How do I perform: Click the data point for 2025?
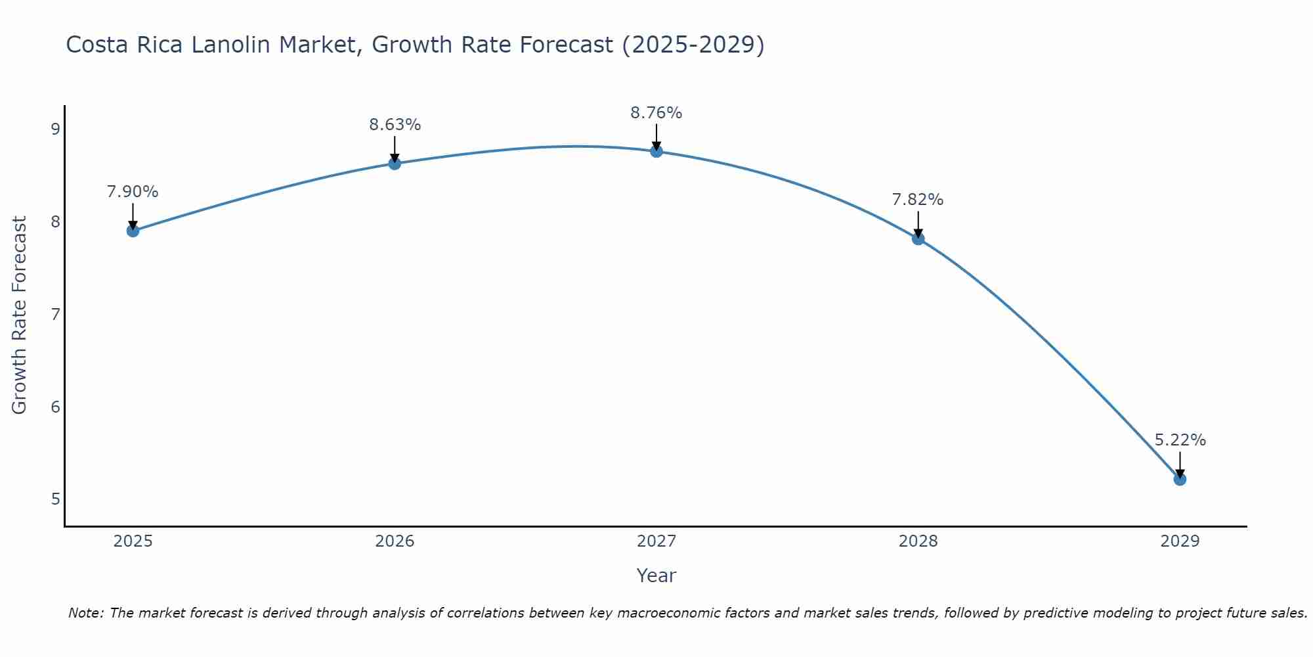pyautogui.click(x=133, y=231)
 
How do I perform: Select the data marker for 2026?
pyautogui.click(x=395, y=163)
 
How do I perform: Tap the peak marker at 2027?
pyautogui.click(x=656, y=151)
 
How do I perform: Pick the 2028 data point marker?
pyautogui.click(x=918, y=238)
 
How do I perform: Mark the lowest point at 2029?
pyautogui.click(x=1180, y=480)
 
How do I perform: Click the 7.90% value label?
pyautogui.click(x=133, y=192)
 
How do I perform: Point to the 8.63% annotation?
pyautogui.click(x=395, y=125)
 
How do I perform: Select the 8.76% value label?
pyautogui.click(x=656, y=113)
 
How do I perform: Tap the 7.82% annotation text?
pyautogui.click(x=918, y=200)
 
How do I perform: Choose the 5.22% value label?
pyautogui.click(x=1180, y=440)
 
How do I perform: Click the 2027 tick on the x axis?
pyautogui.click(x=656, y=541)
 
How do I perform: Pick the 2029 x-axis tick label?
pyautogui.click(x=1180, y=541)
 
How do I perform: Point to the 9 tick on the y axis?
pyautogui.click(x=55, y=129)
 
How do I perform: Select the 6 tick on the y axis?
pyautogui.click(x=55, y=407)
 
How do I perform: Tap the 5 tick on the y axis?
pyautogui.click(x=55, y=499)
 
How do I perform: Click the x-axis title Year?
pyautogui.click(x=656, y=576)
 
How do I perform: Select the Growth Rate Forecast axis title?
pyautogui.click(x=20, y=315)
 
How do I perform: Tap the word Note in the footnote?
pyautogui.click(x=85, y=613)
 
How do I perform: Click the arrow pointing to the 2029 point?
pyautogui.click(x=1180, y=465)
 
